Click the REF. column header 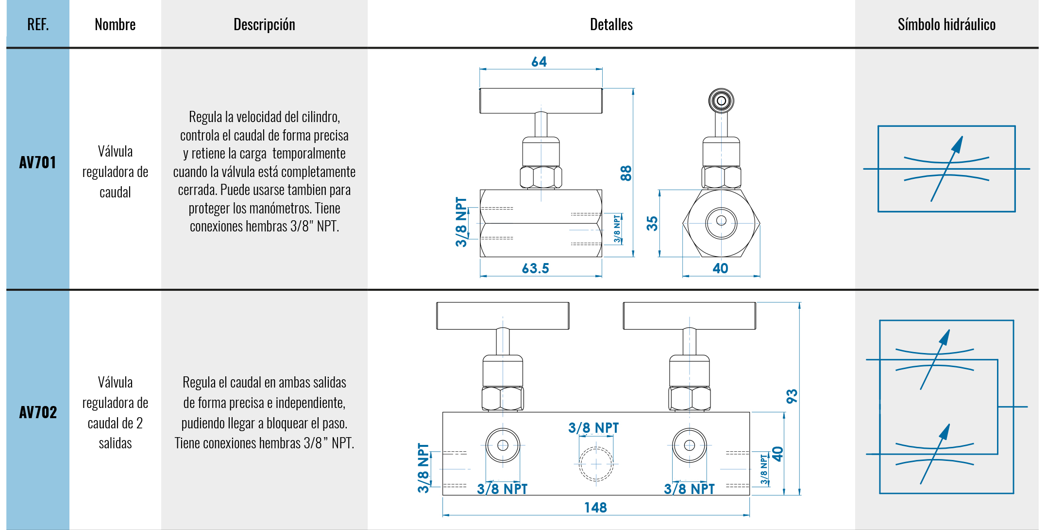click(x=38, y=24)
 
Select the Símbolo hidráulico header click(x=946, y=24)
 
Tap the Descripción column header click(x=264, y=24)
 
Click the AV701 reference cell click(x=38, y=162)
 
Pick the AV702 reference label click(x=38, y=412)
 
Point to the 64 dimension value click(x=539, y=62)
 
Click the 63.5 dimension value click(x=535, y=268)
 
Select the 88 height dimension click(x=626, y=173)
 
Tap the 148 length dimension click(x=595, y=508)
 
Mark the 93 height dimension click(x=792, y=396)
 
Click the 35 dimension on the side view click(x=652, y=223)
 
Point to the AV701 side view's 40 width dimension click(x=720, y=268)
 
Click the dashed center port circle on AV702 click(x=596, y=464)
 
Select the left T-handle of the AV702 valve click(x=503, y=316)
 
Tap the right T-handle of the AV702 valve click(x=689, y=316)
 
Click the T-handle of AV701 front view click(x=541, y=101)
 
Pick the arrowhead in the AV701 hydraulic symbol click(x=958, y=144)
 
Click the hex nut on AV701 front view click(x=541, y=177)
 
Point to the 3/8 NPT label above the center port click(x=593, y=428)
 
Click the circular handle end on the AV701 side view click(x=721, y=101)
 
